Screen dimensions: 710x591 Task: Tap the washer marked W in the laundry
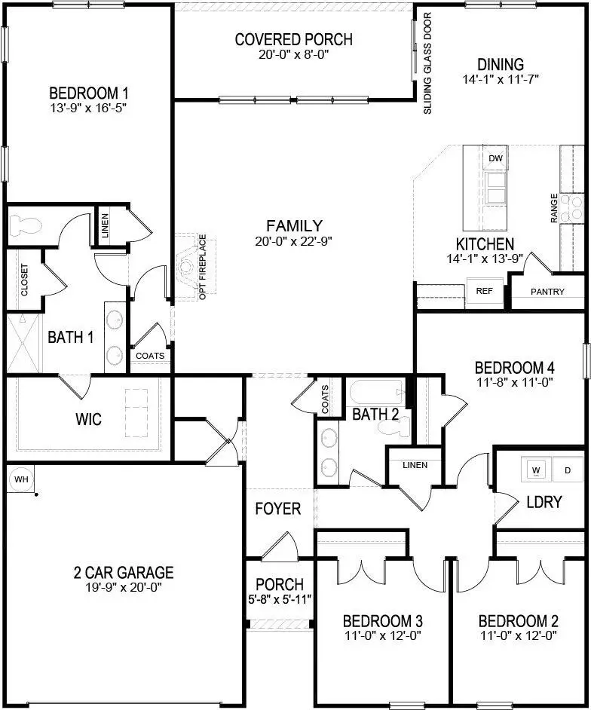[x=536, y=470]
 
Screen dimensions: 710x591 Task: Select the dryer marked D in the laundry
[x=568, y=470]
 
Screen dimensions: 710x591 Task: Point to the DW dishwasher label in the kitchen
[x=495, y=158]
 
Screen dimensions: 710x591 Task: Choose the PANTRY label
[x=547, y=292]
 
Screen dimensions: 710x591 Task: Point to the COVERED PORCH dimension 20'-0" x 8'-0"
[x=293, y=55]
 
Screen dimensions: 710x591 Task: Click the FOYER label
[x=277, y=509]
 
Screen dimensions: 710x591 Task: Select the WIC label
[x=88, y=418]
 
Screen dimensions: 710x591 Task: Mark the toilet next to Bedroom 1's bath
[x=23, y=225]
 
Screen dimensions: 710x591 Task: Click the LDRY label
[x=544, y=502]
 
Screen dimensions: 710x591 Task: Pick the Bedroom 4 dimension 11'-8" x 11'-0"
[x=514, y=382]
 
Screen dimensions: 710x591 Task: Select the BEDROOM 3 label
[x=382, y=621]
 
